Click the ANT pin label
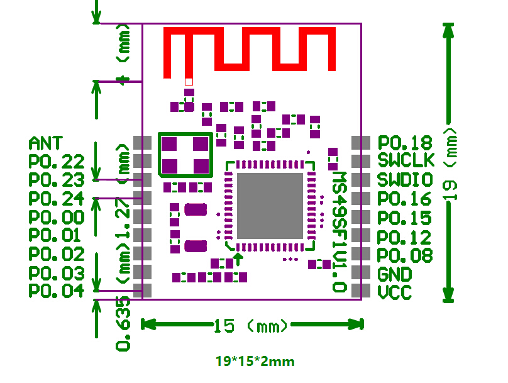(x=46, y=143)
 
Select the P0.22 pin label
(x=57, y=162)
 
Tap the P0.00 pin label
(x=57, y=218)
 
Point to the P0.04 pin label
(x=57, y=291)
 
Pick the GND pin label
(x=395, y=274)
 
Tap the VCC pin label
(x=395, y=292)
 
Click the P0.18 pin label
(x=404, y=143)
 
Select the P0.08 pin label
(x=404, y=255)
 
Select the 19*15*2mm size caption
(x=255, y=362)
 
